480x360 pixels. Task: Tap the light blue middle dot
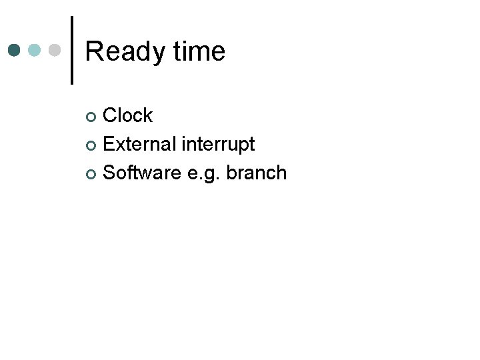coord(35,50)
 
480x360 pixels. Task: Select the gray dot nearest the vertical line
coord(56,50)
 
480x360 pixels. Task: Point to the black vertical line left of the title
coord(71,50)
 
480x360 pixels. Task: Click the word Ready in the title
coord(123,52)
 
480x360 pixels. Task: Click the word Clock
coord(128,115)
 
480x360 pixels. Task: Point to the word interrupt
coord(219,144)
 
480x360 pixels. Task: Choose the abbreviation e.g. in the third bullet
coord(204,174)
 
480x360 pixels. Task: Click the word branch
coord(257,173)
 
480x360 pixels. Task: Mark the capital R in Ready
coord(93,51)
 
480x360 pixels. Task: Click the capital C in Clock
coord(111,115)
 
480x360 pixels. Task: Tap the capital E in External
coord(109,144)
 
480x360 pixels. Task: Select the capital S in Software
coord(110,173)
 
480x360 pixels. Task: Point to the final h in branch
coord(282,173)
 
